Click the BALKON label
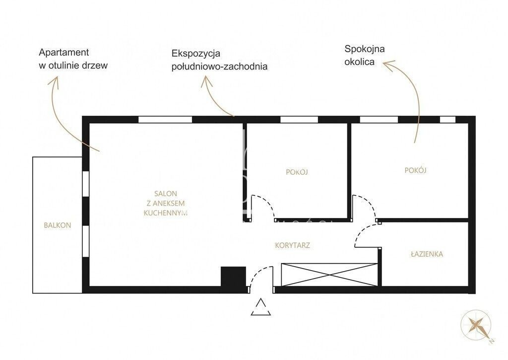pyautogui.click(x=58, y=225)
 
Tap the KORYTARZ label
pyautogui.click(x=293, y=245)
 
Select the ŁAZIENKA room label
pyautogui.click(x=427, y=254)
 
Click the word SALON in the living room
pyautogui.click(x=166, y=194)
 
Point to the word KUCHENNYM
pyautogui.click(x=166, y=213)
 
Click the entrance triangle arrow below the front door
pyautogui.click(x=261, y=307)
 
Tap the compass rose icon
pyautogui.click(x=477, y=326)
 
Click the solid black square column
pyautogui.click(x=233, y=277)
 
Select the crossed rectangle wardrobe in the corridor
pyautogui.click(x=329, y=275)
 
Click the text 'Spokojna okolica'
pyautogui.click(x=365, y=56)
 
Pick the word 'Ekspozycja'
pyautogui.click(x=196, y=53)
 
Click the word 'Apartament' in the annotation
pyautogui.click(x=64, y=52)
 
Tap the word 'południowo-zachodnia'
pyautogui.click(x=219, y=67)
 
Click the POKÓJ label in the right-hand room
pyautogui.click(x=415, y=170)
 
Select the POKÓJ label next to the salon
pyautogui.click(x=297, y=172)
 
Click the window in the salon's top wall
pyautogui.click(x=165, y=119)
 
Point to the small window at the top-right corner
pyautogui.click(x=448, y=119)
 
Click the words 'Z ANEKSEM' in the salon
pyautogui.click(x=166, y=204)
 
